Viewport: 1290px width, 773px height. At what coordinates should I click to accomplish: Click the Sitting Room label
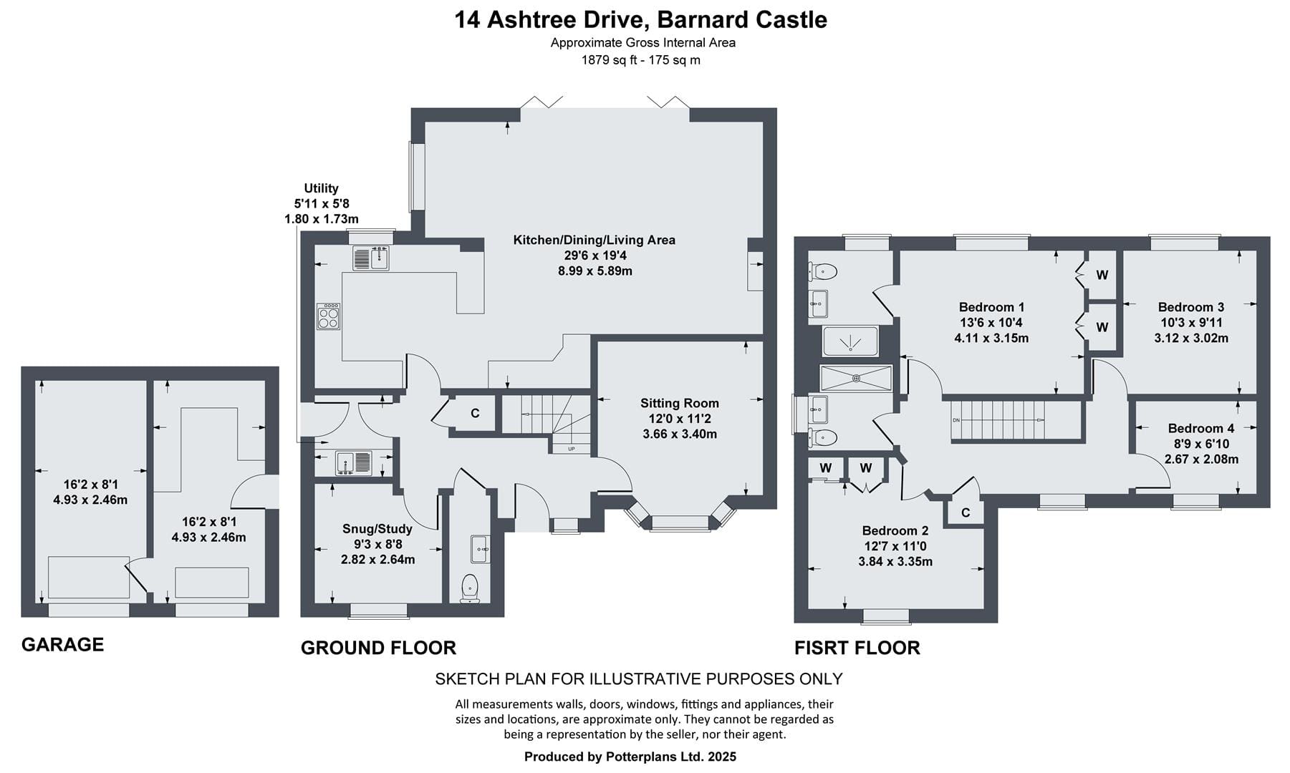tap(679, 404)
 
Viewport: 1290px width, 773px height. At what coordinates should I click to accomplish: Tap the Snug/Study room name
tap(377, 529)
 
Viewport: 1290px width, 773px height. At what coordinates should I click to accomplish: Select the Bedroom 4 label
tap(1201, 428)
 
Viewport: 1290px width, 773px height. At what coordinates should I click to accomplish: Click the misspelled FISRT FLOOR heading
tap(857, 648)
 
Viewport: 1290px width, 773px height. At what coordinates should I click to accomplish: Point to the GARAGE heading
tap(63, 645)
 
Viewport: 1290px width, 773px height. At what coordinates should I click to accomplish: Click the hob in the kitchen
tap(329, 316)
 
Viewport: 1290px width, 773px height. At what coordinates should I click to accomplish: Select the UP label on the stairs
tap(571, 449)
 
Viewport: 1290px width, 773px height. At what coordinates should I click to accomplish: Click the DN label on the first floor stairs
tap(956, 419)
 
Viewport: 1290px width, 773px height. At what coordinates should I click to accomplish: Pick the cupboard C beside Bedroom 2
tap(966, 512)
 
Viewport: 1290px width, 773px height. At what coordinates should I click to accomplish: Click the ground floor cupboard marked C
tap(475, 413)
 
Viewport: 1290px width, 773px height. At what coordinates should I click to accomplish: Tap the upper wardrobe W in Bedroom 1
tap(1102, 275)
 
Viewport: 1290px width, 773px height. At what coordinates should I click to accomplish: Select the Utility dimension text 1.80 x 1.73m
tap(322, 219)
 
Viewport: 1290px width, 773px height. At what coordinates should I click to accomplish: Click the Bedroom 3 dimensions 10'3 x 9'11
tap(1191, 323)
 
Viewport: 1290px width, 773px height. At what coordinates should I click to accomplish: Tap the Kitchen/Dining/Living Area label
tap(595, 240)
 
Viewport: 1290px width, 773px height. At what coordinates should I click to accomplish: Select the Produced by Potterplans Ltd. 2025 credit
tap(630, 757)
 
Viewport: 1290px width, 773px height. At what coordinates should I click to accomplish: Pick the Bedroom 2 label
tap(895, 530)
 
